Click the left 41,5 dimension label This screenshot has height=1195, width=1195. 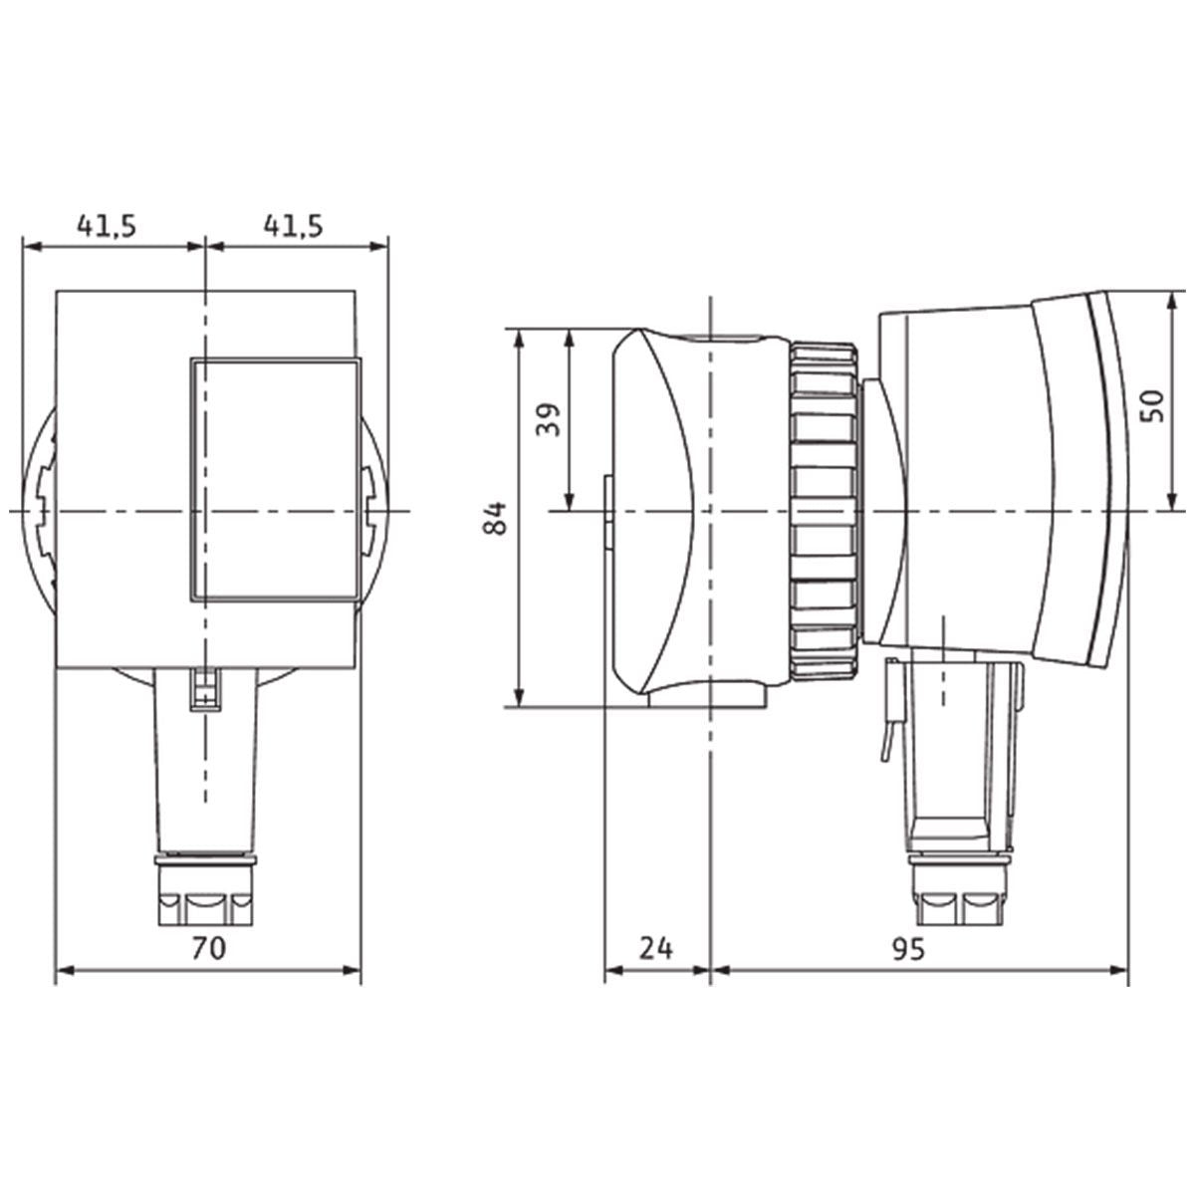(107, 226)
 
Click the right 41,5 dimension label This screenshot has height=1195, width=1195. (293, 226)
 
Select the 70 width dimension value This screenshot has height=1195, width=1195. (207, 948)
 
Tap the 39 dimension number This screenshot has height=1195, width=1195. (547, 419)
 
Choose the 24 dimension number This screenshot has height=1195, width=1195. (655, 948)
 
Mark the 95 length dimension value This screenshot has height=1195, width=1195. (907, 948)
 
